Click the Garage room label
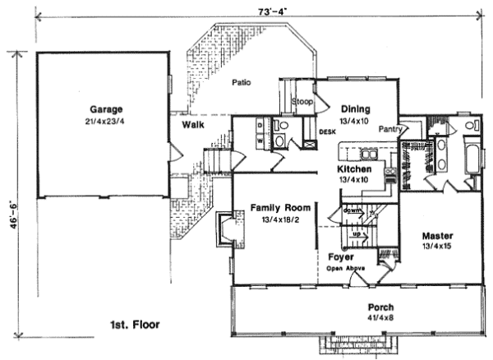[x=107, y=108]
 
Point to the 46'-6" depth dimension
[x=7, y=215]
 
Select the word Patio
[x=241, y=82]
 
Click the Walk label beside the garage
[x=194, y=124]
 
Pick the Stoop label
[x=302, y=101]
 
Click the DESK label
[x=326, y=130]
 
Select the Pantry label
[x=389, y=129]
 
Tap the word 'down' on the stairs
[x=352, y=210]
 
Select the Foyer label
[x=340, y=256]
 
